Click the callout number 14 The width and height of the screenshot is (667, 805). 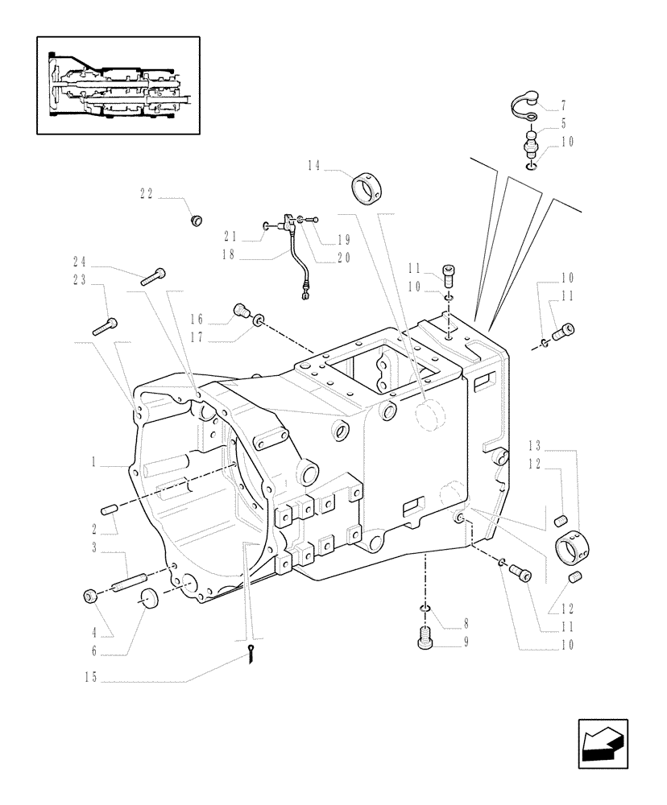coord(313,165)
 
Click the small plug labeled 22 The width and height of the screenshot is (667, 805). coord(194,219)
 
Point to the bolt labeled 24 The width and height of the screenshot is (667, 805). coord(153,276)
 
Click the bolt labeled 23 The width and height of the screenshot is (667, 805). coord(106,326)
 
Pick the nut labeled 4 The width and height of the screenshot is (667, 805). coord(90,596)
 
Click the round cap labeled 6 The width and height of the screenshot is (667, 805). coord(147,599)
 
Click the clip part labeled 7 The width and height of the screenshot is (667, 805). coord(528,109)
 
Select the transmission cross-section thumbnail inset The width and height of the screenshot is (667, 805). coord(118,85)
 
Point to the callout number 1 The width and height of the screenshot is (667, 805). coord(94,464)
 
